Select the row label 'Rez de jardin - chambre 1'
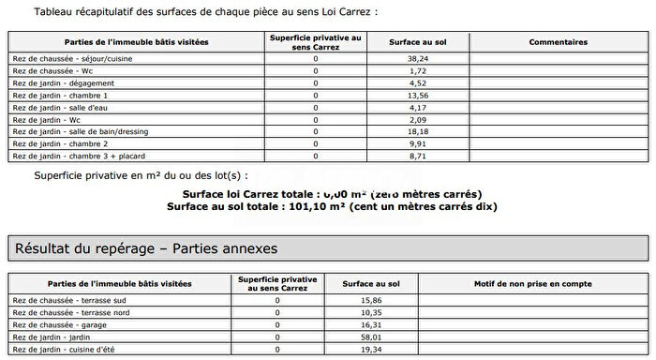click(61, 95)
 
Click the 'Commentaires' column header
click(558, 42)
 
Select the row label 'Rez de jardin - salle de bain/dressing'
click(82, 131)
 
